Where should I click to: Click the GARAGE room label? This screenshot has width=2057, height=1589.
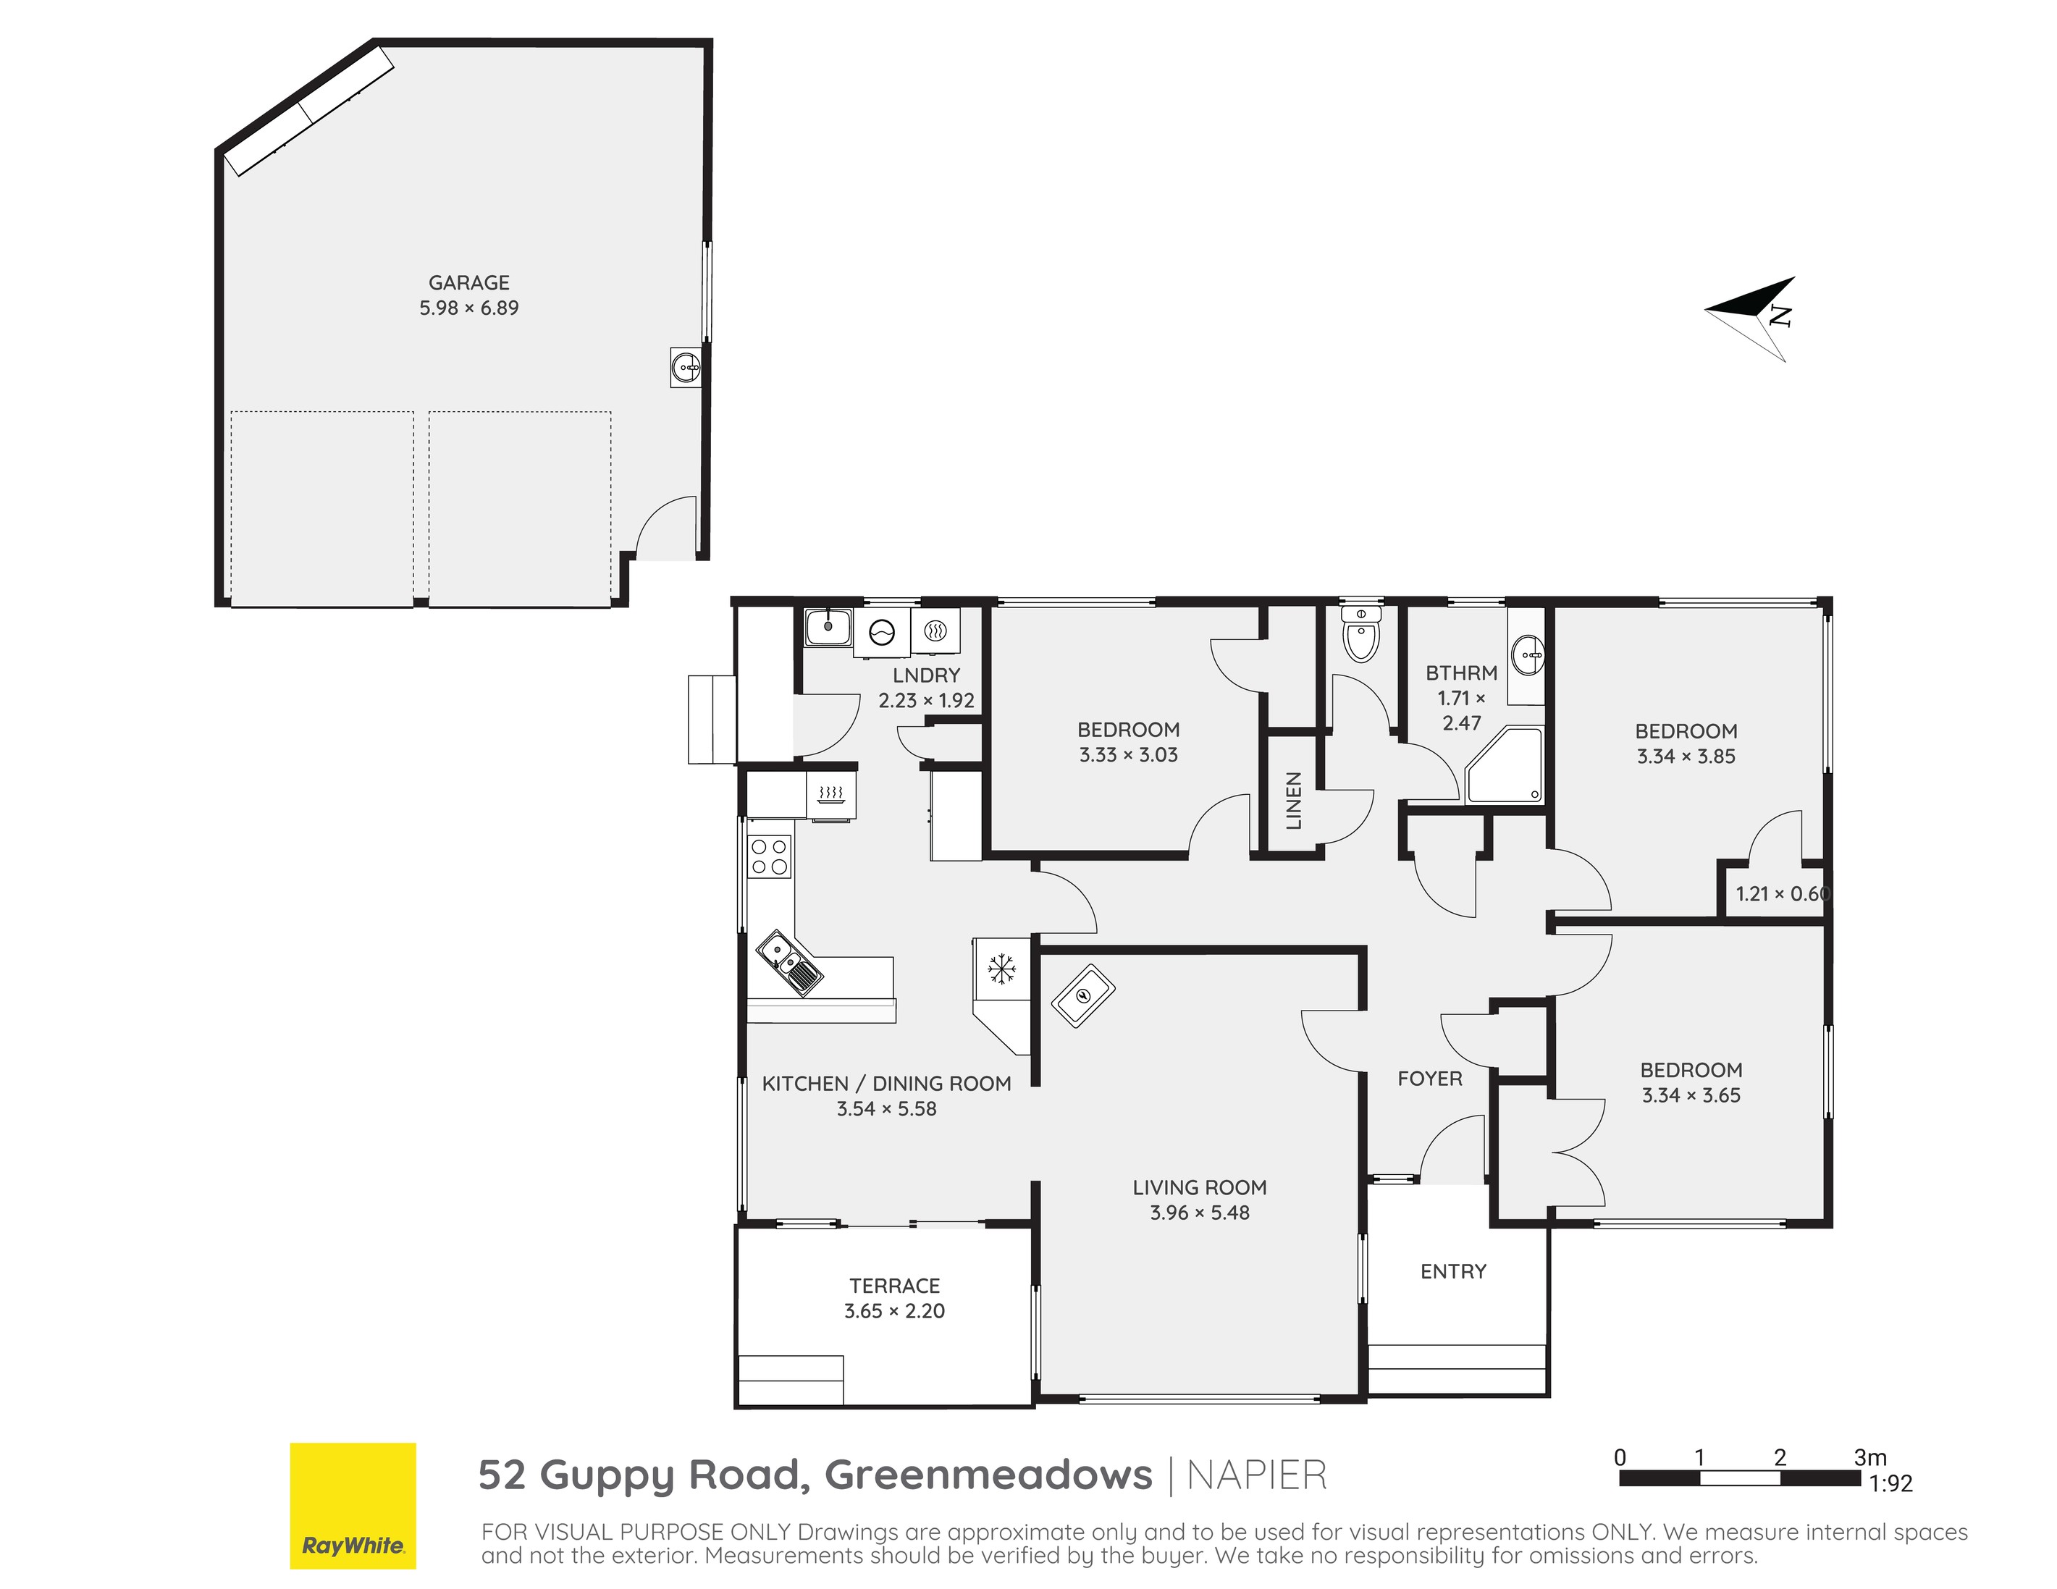click(x=468, y=282)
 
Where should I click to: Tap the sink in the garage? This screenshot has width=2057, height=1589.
click(x=686, y=366)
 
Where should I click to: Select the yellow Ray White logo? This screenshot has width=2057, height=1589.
click(x=353, y=1505)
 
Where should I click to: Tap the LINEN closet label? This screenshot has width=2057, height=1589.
click(x=1293, y=801)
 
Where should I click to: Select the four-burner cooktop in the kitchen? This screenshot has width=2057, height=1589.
click(x=768, y=856)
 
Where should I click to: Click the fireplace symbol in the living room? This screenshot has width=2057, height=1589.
click(x=1083, y=995)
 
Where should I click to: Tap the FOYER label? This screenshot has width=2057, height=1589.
click(x=1429, y=1079)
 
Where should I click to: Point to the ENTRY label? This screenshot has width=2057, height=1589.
click(x=1452, y=1272)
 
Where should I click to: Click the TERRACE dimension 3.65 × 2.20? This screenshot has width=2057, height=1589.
click(x=893, y=1311)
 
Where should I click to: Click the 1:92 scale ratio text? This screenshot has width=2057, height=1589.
click(x=1890, y=1483)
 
